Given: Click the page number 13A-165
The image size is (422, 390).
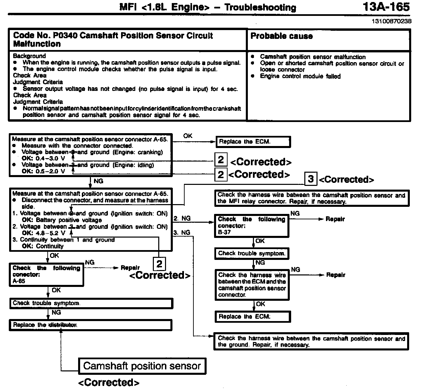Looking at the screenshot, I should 386,7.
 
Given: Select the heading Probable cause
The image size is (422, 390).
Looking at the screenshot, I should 281,36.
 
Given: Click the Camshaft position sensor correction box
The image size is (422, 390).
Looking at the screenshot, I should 142,366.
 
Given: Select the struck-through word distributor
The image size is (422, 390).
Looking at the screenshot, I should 63,325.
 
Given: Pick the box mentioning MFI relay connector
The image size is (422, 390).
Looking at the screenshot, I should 311,198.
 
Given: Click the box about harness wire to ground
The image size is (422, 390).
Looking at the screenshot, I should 311,341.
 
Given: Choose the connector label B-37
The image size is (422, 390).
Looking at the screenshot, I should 224,232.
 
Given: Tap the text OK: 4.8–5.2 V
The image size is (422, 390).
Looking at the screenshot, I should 43,233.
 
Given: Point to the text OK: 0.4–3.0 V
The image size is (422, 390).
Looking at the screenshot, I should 43,159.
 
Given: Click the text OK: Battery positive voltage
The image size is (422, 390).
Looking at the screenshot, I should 62,220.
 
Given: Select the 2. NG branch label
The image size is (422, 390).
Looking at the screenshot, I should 182,219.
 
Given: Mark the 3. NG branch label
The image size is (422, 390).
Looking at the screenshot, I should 182,233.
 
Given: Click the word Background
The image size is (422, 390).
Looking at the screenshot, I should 29,56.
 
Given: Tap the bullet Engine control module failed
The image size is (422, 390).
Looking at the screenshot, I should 300,76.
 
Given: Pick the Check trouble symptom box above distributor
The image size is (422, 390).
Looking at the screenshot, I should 91,303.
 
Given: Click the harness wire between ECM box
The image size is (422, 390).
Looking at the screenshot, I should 252,285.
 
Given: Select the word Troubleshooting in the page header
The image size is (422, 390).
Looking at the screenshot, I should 260,8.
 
